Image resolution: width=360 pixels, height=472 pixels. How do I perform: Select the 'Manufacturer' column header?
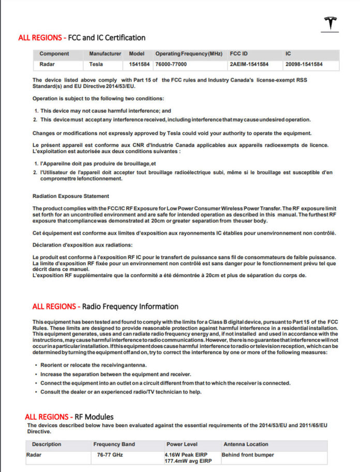coord(105,53)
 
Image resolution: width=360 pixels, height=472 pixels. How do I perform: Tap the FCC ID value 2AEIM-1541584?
coord(249,65)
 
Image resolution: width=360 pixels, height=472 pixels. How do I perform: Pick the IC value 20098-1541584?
coord(304,65)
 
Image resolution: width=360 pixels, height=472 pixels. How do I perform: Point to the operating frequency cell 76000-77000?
coord(171,65)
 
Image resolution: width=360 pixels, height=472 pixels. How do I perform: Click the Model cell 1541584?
coord(139,65)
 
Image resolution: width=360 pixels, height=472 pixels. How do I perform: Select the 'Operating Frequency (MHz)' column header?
coord(188,53)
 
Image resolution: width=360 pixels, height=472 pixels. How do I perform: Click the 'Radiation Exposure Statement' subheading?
coord(71,196)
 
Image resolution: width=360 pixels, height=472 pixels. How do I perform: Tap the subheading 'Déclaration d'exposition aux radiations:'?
coord(83,245)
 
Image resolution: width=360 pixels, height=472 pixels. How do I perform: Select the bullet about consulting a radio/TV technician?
coord(121,392)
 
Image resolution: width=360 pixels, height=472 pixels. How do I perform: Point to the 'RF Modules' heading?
coord(91,417)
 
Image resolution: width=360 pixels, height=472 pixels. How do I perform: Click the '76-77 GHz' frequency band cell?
coord(110,455)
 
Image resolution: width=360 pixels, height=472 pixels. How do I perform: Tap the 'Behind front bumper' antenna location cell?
coord(248,455)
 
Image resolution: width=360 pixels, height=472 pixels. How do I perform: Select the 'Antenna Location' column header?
coord(246,444)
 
